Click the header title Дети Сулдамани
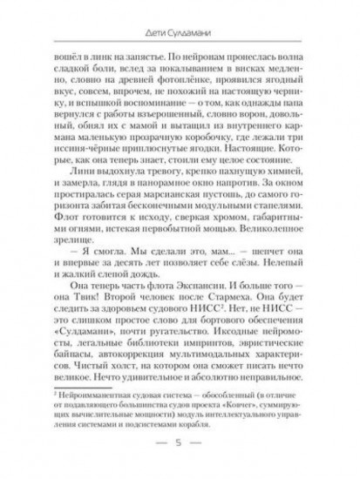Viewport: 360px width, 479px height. [x=180, y=33]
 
